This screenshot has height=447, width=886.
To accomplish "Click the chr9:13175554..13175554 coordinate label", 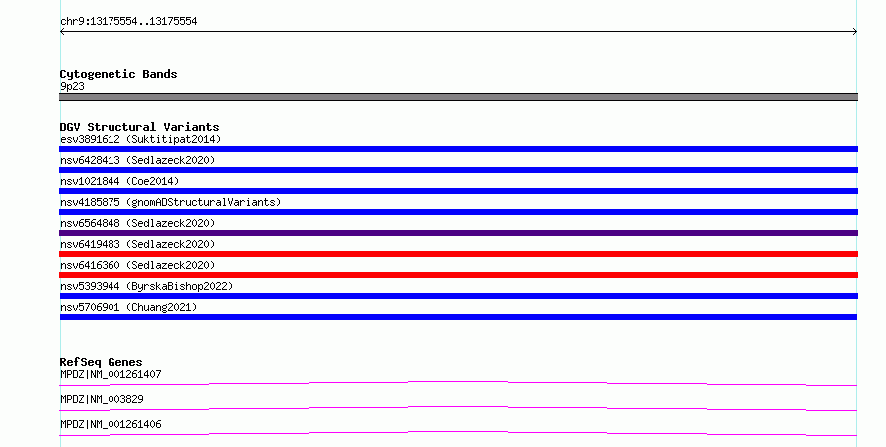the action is point(128,22).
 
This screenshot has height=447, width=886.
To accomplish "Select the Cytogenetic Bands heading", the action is point(118,74).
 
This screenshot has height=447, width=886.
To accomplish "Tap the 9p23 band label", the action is point(72,86).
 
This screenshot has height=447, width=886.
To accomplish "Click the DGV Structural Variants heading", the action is point(139,127).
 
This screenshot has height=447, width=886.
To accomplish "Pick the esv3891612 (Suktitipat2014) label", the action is point(140,139).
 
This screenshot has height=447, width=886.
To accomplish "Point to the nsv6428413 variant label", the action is point(137,160).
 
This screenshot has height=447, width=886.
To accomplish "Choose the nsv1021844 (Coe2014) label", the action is point(119,181).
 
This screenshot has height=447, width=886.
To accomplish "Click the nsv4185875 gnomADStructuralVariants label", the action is point(170,202).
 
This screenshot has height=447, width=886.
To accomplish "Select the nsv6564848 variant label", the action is point(137,223).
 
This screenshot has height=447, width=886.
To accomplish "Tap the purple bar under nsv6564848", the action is point(458,233).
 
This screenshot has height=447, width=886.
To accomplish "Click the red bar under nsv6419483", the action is point(458,254).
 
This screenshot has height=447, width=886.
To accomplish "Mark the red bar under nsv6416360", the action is point(458,275).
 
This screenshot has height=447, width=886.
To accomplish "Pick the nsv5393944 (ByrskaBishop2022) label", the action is point(146,286).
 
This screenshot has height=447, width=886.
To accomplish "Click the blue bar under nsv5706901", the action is point(458,317).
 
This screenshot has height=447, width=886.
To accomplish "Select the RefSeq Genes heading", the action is point(102,362).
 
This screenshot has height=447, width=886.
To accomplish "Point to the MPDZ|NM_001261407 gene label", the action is point(111,374).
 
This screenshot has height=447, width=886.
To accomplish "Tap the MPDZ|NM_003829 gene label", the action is point(102,399).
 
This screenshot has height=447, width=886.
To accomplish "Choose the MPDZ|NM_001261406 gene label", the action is point(111,424).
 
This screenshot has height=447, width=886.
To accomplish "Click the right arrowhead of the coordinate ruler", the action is point(856,32).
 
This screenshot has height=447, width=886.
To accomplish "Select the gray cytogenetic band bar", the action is point(458,97).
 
